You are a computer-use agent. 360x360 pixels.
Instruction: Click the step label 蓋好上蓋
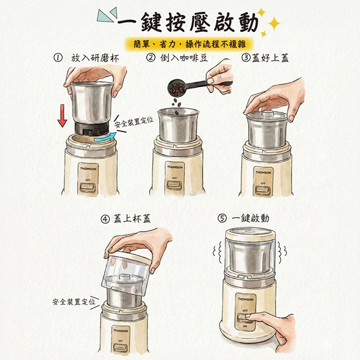click(270, 58)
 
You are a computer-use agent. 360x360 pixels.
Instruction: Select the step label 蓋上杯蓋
click(132, 219)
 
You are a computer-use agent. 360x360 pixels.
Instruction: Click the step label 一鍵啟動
click(250, 219)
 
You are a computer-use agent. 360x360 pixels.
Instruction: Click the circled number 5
click(222, 219)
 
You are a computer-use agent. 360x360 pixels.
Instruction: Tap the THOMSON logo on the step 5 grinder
click(245, 298)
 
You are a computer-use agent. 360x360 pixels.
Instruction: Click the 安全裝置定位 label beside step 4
click(73, 301)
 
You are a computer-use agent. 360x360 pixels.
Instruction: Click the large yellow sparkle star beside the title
click(274, 23)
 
